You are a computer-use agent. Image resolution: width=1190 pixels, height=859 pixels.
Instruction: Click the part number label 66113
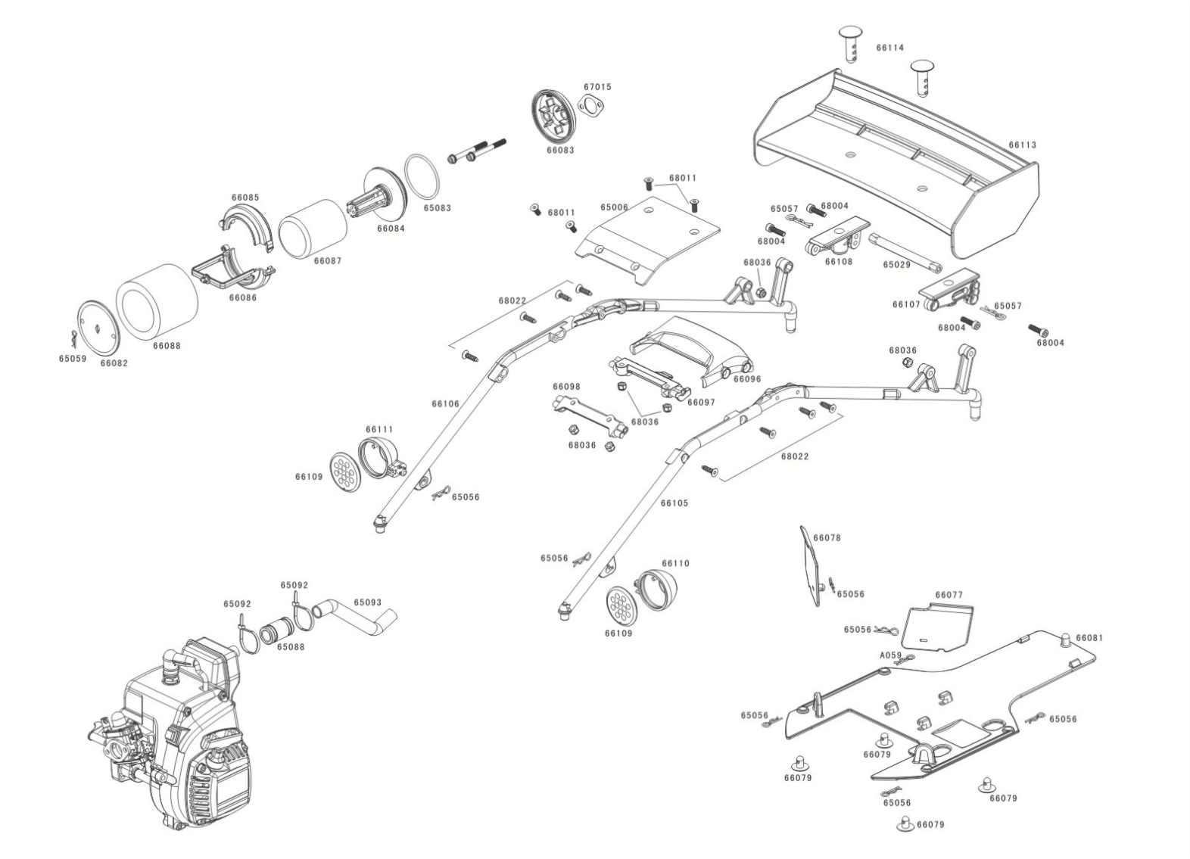[1022, 145]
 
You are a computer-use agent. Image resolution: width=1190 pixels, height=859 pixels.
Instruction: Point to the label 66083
[560, 151]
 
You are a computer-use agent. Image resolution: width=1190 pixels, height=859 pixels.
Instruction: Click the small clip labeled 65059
[74, 336]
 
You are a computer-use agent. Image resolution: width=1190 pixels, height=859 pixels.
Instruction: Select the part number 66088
[167, 346]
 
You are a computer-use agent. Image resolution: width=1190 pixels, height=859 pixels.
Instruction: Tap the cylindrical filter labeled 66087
[313, 229]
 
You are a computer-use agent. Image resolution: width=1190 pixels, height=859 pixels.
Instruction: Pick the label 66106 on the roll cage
[445, 404]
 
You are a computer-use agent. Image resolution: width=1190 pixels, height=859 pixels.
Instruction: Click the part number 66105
[674, 503]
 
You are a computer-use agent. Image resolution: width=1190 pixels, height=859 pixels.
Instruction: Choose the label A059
[890, 655]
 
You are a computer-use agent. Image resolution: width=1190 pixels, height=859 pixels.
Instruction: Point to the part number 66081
[1089, 637]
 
